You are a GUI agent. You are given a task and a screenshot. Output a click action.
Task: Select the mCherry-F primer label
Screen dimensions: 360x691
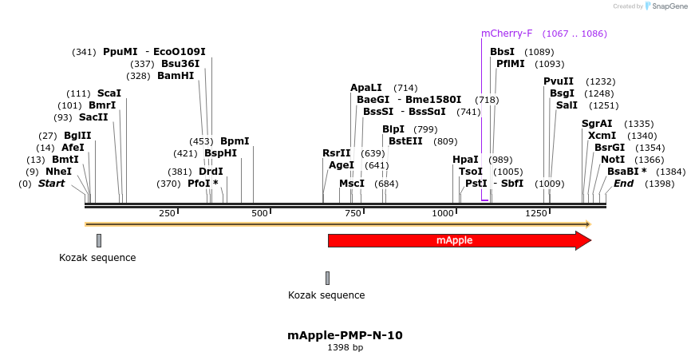coord(506,34)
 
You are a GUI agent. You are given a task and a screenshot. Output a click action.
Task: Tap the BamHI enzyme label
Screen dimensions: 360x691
coord(176,76)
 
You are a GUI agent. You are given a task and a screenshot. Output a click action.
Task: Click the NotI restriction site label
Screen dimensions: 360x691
coord(613,160)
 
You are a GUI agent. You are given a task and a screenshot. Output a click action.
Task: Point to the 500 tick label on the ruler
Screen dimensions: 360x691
coord(259,214)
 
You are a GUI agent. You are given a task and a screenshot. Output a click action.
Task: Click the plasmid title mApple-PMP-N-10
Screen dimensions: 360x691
coord(345,335)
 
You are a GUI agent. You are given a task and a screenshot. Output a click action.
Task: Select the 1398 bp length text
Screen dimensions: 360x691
coord(345,348)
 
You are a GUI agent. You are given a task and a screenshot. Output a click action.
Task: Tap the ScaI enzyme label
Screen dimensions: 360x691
coord(109,93)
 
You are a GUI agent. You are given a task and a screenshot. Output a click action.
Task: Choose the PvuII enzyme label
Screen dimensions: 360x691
coord(559,81)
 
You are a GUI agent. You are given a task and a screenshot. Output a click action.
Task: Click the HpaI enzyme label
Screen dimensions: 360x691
coord(465,160)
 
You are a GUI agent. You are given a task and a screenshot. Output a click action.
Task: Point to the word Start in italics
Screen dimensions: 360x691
coord(51,184)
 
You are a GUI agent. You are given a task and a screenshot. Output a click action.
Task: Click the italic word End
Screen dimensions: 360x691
coord(623,184)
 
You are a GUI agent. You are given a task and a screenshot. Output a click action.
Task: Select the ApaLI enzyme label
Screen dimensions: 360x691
coord(366,88)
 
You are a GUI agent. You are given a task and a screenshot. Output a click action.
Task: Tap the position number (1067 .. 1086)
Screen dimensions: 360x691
coord(575,34)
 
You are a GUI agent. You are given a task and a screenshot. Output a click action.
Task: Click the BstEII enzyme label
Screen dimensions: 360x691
coord(406,141)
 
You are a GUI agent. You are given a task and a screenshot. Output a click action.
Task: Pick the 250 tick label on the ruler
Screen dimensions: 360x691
coord(167,214)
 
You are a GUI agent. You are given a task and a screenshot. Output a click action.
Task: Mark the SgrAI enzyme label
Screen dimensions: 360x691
coord(597,124)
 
